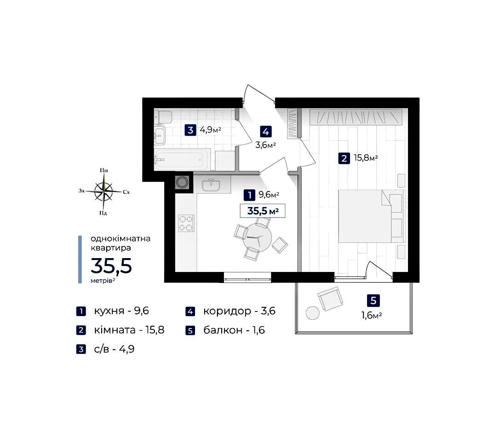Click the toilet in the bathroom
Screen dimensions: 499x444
(163, 117)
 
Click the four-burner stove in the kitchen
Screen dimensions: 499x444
(186, 223)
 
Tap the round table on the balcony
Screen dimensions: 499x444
(313, 313)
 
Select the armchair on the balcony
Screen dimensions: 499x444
(330, 299)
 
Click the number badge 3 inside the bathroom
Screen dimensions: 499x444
(190, 130)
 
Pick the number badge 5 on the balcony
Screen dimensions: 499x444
(373, 300)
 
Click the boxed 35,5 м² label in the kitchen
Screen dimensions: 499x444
(263, 211)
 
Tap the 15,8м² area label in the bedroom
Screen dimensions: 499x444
(366, 157)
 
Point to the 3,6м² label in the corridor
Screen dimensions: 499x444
(265, 145)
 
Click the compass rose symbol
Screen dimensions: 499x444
(103, 191)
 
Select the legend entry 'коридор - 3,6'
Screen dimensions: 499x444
(239, 311)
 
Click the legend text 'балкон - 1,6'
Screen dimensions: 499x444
(234, 330)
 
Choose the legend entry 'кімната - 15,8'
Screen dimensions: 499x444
(129, 330)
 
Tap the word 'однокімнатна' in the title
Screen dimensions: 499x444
(120, 238)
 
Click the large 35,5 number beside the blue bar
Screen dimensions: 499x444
(111, 266)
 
